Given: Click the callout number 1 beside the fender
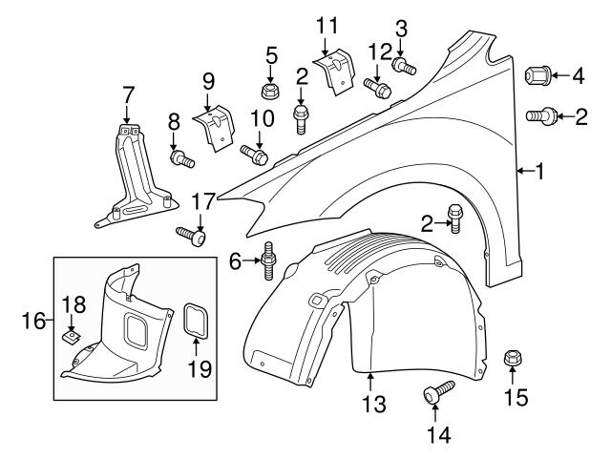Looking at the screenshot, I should point(539,172).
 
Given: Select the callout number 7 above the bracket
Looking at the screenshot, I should point(128,94).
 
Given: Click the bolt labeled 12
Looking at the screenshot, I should point(379,87).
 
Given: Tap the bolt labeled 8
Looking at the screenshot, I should point(181,157).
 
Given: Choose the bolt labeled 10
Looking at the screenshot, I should point(255,153).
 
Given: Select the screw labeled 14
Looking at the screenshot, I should point(438,390).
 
